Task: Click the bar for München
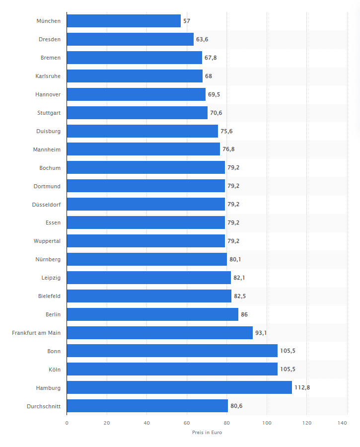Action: [x=124, y=21]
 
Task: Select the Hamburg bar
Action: [x=179, y=387]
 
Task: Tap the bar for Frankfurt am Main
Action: [x=159, y=333]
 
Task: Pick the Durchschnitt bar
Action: [x=147, y=406]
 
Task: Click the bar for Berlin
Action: [x=152, y=314]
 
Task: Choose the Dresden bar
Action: [x=130, y=39]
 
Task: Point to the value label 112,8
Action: [x=302, y=388]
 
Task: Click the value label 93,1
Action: [x=261, y=333]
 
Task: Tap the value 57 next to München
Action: [x=187, y=21]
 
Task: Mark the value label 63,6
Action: [x=202, y=40]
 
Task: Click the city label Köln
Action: [x=54, y=370]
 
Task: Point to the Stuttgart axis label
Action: [x=49, y=113]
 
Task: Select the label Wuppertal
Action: [x=47, y=241]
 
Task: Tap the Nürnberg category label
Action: [x=48, y=259]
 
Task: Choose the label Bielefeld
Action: [x=49, y=296]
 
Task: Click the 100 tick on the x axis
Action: [x=267, y=423]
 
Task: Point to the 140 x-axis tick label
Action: [x=342, y=423]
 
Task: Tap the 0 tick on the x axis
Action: [x=67, y=423]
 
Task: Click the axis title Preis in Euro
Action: [x=207, y=433]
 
